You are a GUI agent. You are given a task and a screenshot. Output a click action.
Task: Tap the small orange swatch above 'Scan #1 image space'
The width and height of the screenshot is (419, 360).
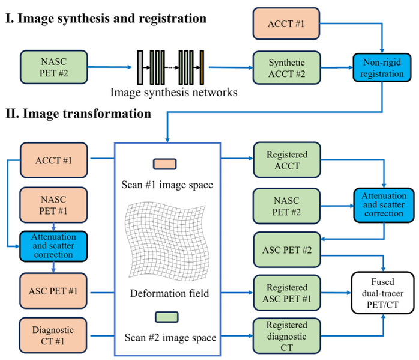point(164,163)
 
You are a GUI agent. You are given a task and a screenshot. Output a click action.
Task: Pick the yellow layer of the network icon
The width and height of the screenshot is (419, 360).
point(202,68)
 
